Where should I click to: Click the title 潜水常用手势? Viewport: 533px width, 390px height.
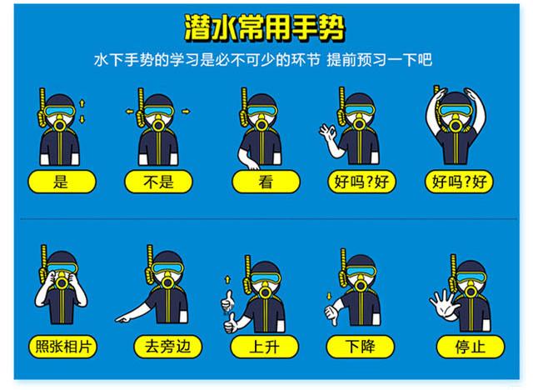point(266,27)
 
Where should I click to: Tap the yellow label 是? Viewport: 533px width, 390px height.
point(61,182)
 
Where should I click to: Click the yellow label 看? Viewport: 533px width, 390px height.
point(266,182)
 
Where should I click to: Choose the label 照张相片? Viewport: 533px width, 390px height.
point(61,345)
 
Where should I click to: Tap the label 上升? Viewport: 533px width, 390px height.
point(266,345)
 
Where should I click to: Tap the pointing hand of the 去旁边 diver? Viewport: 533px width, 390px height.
point(125,317)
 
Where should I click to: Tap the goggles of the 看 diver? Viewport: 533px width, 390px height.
point(264,112)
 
